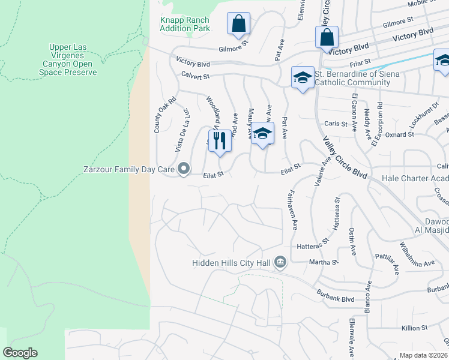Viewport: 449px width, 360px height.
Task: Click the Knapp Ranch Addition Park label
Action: [x=185, y=24]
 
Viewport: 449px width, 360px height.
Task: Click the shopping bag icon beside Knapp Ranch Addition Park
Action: [x=238, y=23]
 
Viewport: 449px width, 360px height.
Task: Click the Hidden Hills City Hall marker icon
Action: [x=280, y=262]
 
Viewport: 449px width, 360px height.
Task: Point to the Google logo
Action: [x=20, y=353]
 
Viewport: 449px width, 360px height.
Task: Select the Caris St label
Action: [x=336, y=124]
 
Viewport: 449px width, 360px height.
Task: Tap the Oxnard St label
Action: [x=399, y=134]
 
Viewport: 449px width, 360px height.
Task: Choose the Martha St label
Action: [x=324, y=262]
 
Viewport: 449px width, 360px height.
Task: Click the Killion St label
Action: [x=414, y=328]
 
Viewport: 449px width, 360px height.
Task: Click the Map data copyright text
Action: [x=424, y=355]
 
